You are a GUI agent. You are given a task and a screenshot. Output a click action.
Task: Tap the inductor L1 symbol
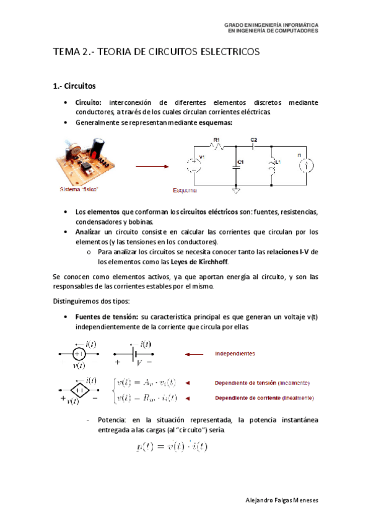[x=271, y=167]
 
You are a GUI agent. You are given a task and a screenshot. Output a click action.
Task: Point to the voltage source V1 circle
[x=192, y=166]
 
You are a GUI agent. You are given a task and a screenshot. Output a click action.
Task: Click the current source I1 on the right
[x=303, y=165]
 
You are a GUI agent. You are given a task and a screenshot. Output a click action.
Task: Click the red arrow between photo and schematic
[x=152, y=166]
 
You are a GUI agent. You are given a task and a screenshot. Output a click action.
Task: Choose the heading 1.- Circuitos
[x=74, y=86]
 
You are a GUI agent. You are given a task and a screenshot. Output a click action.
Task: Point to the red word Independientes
[x=235, y=354]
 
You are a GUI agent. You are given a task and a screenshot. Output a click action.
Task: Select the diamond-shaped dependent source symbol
[x=78, y=390]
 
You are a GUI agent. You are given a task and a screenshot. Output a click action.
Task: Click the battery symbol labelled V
[x=134, y=353]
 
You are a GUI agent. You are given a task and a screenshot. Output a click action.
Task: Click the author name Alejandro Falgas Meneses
[x=281, y=499]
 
